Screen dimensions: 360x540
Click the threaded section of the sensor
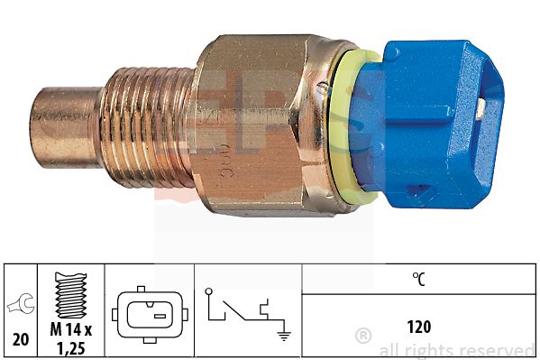[x=144, y=126]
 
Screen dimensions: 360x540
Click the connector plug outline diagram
[x=149, y=312]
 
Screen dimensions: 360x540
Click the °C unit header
[x=418, y=280]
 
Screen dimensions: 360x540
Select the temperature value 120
[x=418, y=326]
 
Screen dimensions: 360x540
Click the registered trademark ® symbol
[x=363, y=337]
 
